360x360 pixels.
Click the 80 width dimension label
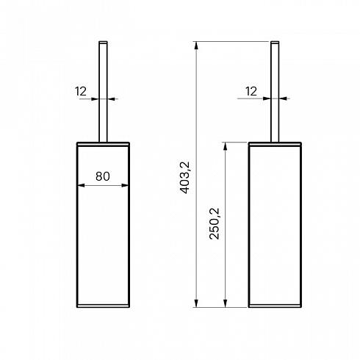103,176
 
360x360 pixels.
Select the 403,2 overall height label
185,178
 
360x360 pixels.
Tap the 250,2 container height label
215,223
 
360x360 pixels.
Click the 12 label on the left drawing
81,91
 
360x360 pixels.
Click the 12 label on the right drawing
251,91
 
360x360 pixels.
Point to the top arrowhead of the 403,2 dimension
196,46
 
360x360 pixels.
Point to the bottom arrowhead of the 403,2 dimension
196,303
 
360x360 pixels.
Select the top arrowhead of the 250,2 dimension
226,146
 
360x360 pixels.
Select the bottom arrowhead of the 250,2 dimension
226,303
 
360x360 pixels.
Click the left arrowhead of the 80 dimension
81,185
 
